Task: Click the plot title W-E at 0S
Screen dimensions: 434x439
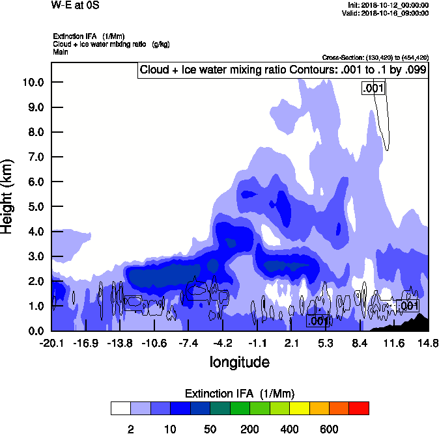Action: point(76,5)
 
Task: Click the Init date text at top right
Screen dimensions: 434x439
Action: point(388,5)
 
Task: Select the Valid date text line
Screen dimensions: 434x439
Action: point(388,13)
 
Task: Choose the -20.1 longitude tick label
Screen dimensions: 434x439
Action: point(51,343)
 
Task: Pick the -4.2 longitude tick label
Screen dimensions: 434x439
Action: point(223,343)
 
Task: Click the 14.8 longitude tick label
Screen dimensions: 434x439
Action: point(428,343)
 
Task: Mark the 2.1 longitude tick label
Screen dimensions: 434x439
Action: point(292,343)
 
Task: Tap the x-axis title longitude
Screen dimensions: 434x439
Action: point(239,362)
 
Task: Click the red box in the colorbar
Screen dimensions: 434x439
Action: point(359,408)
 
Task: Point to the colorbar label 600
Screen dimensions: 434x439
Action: point(329,428)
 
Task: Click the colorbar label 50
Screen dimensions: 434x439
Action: point(210,428)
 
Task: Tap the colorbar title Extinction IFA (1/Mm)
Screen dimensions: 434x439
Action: point(239,394)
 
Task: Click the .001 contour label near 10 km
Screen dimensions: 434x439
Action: point(374,88)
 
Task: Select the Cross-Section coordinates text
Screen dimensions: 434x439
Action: point(375,57)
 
